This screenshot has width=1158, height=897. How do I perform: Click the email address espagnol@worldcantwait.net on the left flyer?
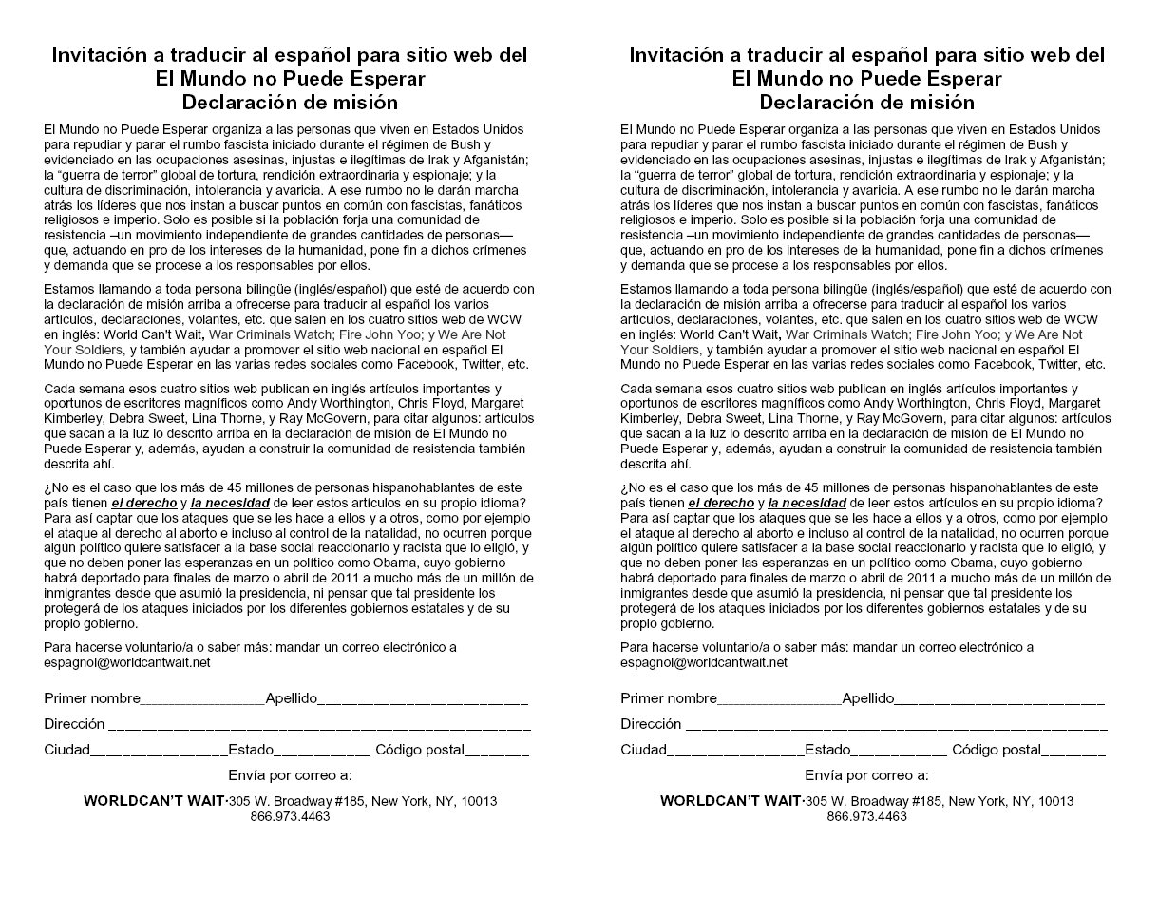127,662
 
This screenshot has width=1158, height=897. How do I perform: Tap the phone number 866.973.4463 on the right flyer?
866,816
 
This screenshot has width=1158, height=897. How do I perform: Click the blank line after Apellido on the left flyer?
423,700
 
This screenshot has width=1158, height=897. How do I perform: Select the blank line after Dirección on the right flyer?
896,725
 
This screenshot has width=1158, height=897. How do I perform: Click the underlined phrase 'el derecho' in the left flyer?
144,503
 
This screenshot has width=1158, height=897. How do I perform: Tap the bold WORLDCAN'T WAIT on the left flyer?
155,801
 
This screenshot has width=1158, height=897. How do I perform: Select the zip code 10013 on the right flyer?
1056,801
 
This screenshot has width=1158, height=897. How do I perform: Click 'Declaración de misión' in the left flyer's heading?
290,103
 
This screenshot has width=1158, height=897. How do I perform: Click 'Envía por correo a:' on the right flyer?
866,775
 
